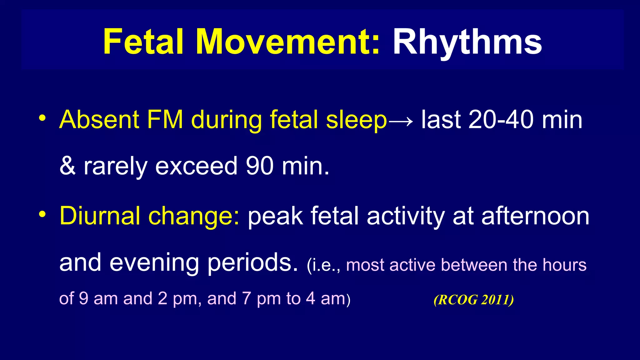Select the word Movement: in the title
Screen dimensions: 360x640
288,42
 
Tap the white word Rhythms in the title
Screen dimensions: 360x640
467,42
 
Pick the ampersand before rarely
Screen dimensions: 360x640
67,166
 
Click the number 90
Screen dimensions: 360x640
260,166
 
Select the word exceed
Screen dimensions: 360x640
196,166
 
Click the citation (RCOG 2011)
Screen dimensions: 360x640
473,300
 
